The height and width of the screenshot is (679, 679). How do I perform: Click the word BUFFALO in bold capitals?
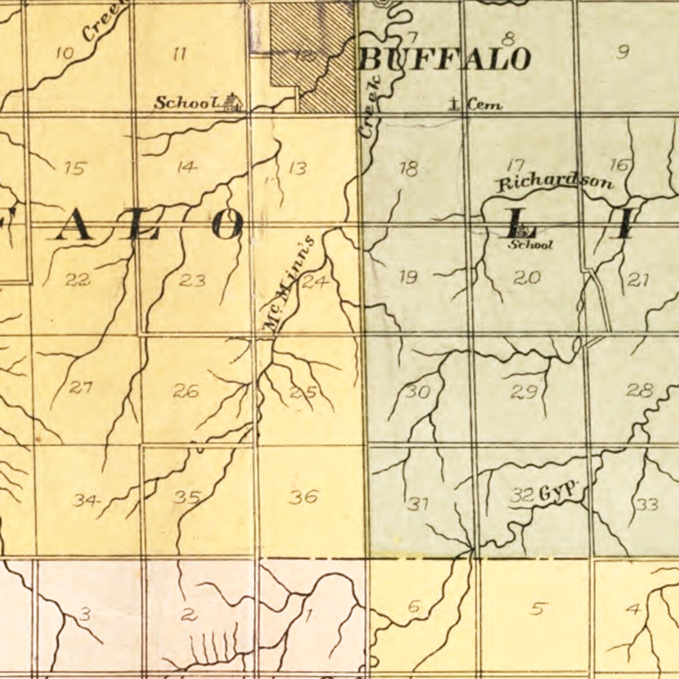(x=445, y=59)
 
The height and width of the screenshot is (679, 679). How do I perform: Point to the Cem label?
(x=485, y=105)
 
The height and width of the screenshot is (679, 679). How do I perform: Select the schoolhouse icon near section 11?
(x=233, y=102)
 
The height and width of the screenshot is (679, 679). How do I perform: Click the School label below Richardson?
(x=531, y=245)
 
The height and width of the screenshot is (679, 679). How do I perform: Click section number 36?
(x=304, y=497)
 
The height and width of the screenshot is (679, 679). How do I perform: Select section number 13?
(x=297, y=168)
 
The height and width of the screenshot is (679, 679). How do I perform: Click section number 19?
(x=408, y=277)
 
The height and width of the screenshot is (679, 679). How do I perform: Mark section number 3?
(x=85, y=615)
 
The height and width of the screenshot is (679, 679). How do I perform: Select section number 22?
(x=77, y=280)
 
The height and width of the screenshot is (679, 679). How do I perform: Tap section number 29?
(x=524, y=391)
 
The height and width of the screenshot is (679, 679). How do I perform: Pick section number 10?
(x=65, y=54)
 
